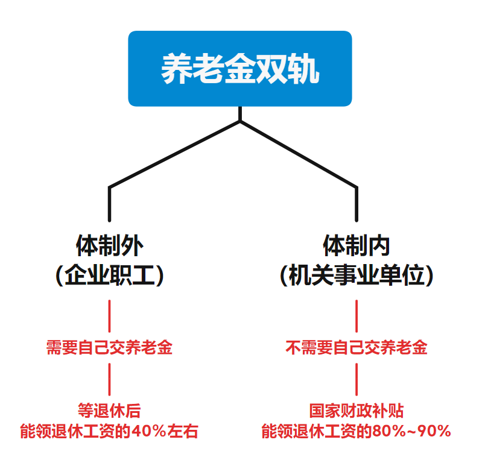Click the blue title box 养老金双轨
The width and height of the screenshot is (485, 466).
tap(239, 69)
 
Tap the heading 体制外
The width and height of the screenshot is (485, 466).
tap(109, 246)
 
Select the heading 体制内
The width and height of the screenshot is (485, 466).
tap(357, 246)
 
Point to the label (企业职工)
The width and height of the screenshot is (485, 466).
tap(109, 276)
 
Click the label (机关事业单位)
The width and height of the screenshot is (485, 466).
tap(357, 276)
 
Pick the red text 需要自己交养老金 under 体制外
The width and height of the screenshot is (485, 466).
tap(109, 348)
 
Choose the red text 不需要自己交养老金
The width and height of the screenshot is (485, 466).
tap(357, 348)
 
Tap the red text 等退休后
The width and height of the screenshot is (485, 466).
tap(109, 411)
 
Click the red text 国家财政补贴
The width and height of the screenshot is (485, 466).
tap(357, 411)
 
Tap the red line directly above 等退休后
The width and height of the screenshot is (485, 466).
tap(109, 379)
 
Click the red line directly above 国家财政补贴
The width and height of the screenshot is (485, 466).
tap(357, 379)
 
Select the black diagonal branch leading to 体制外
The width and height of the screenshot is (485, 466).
tap(175, 154)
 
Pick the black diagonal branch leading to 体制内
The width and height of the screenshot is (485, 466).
tap(299, 154)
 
